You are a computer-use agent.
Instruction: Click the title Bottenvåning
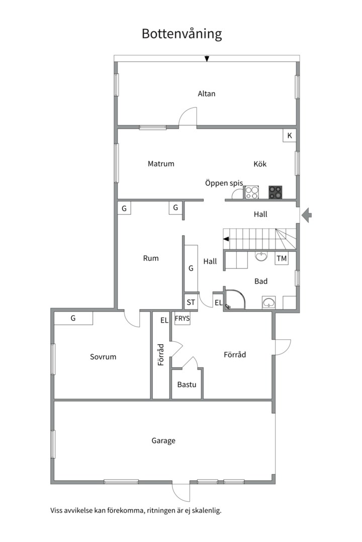[182, 34]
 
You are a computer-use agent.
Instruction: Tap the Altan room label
[207, 94]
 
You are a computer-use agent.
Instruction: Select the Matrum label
[161, 164]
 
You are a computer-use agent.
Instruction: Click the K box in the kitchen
[290, 135]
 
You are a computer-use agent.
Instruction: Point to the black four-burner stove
[276, 193]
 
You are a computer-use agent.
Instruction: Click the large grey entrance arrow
[307, 215]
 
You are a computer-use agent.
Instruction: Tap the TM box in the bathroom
[282, 258]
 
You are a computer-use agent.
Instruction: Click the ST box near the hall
[191, 303]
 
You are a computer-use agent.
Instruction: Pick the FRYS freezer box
[182, 318]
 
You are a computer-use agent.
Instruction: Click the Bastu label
[187, 384]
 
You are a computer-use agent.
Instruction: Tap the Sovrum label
[103, 357]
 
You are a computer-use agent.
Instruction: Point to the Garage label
[163, 441]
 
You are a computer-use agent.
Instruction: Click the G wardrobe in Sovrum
[73, 318]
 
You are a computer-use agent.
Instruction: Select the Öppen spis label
[224, 183]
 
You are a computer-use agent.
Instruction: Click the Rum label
[151, 258]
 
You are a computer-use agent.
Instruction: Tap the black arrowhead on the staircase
[226, 239]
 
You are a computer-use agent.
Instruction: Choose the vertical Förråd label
[161, 355]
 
